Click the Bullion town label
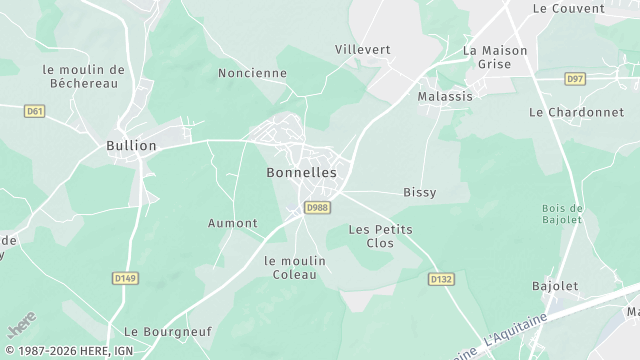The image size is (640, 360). (131, 146)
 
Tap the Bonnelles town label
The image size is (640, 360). (301, 172)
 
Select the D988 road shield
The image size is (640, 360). (317, 208)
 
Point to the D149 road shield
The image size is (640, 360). (125, 278)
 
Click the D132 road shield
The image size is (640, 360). (441, 279)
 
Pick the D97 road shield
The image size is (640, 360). (574, 78)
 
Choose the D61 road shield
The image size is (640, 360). (35, 111)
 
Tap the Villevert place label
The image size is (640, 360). (362, 49)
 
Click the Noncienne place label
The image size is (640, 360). (252, 73)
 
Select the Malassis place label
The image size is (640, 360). (445, 96)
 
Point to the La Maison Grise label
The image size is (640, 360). (487, 57)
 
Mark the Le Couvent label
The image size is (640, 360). (569, 8)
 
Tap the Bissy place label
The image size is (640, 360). (419, 192)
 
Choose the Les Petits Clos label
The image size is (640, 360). (380, 236)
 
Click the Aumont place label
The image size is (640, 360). (232, 223)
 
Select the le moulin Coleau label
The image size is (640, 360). (295, 267)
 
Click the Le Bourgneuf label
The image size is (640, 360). (157, 331)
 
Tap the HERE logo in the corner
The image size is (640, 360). (20, 327)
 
